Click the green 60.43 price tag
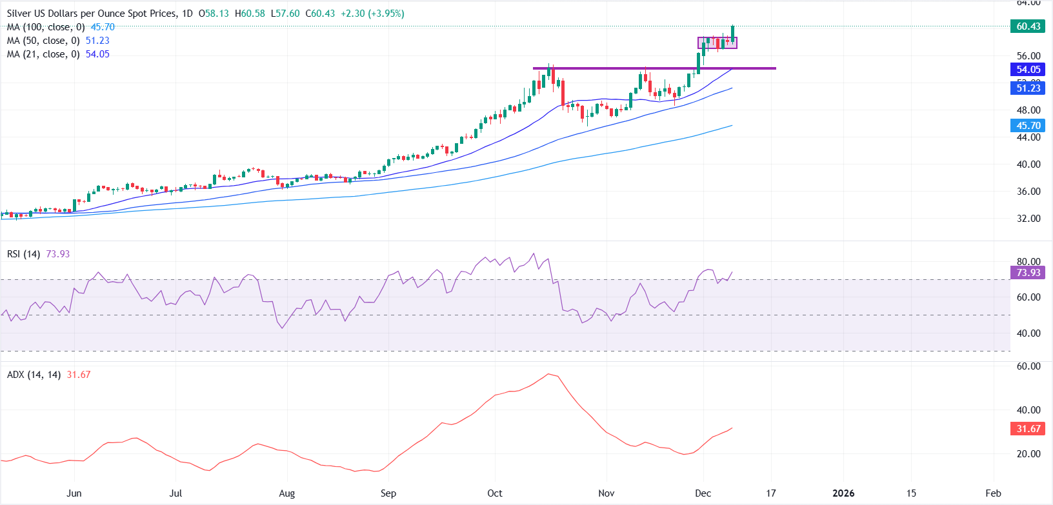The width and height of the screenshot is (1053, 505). pyautogui.click(x=1028, y=26)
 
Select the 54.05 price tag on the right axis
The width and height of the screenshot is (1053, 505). pyautogui.click(x=1028, y=70)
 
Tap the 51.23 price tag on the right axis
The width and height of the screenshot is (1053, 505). pyautogui.click(x=1028, y=88)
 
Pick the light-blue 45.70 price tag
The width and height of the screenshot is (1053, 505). pyautogui.click(x=1028, y=126)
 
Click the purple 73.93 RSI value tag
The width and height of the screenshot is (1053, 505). pyautogui.click(x=1028, y=273)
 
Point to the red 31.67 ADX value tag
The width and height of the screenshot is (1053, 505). pyautogui.click(x=1028, y=429)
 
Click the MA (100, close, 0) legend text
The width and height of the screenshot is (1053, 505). pyautogui.click(x=46, y=27)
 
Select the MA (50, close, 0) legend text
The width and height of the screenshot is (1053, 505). pyautogui.click(x=43, y=41)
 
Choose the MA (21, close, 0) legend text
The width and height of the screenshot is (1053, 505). pyautogui.click(x=43, y=54)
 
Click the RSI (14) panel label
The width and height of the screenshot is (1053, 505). pyautogui.click(x=23, y=254)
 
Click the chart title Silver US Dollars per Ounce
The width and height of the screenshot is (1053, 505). pyautogui.click(x=90, y=14)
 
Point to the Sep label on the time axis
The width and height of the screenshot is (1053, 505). pyautogui.click(x=388, y=493)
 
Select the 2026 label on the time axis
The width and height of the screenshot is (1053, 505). pyautogui.click(x=843, y=493)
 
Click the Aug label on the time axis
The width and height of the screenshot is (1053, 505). pyautogui.click(x=286, y=493)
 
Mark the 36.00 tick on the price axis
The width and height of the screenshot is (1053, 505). pyautogui.click(x=1028, y=192)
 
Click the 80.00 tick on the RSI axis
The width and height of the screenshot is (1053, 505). pyautogui.click(x=1028, y=262)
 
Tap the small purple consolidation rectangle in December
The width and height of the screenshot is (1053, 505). pyautogui.click(x=717, y=43)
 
